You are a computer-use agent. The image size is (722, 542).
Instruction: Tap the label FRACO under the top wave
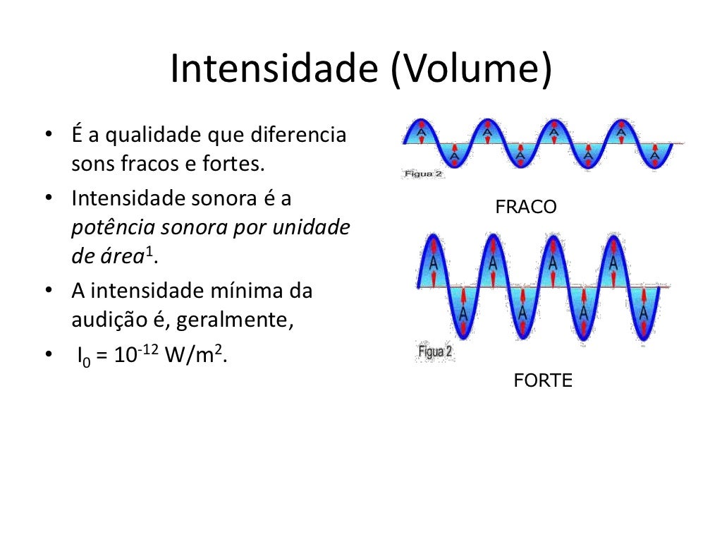pos(526,207)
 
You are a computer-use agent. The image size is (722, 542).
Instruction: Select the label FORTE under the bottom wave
pos(543,381)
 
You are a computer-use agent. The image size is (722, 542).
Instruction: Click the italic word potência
pos(113,228)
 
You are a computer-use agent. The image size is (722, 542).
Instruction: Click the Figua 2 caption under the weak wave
pos(423,173)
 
